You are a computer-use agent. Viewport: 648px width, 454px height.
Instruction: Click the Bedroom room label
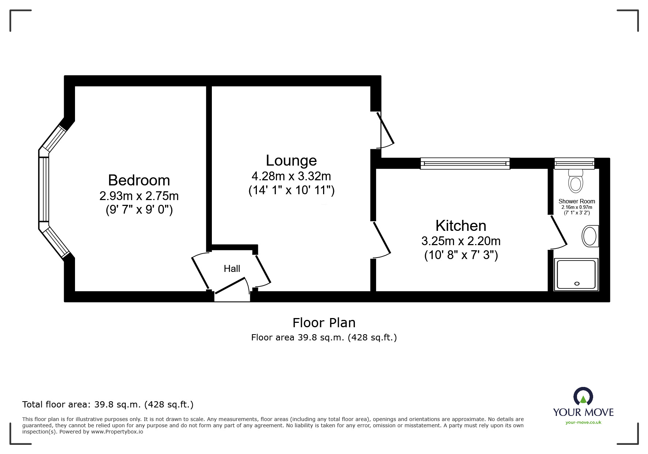coord(139,180)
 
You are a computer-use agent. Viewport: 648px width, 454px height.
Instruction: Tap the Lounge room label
coord(291,160)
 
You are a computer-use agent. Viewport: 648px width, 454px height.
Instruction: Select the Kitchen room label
coord(461,226)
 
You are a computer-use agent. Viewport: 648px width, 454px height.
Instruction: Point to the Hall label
coord(232,269)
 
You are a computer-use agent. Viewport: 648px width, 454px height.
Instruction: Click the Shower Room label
coord(577,201)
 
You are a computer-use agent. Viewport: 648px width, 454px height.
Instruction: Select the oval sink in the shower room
coord(589,236)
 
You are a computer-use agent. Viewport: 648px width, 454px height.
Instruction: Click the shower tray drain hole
coord(577,283)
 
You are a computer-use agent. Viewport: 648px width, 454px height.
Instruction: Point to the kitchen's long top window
coord(465,163)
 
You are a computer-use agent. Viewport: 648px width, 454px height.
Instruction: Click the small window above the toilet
coord(574,163)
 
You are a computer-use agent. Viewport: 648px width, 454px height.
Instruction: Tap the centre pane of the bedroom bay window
coord(44,189)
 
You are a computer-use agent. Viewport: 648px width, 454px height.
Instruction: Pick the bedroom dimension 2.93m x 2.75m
coord(139,196)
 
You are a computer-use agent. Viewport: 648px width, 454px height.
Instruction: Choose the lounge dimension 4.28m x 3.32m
coord(291,176)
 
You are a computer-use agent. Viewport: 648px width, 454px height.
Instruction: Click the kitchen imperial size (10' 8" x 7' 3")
coord(461,255)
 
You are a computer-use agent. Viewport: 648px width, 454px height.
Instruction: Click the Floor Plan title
coord(324,323)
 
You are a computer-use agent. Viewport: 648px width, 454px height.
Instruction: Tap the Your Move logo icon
coord(583,397)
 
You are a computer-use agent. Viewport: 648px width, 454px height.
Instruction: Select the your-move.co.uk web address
coord(583,422)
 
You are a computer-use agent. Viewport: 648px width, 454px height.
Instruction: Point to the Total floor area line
coord(108,405)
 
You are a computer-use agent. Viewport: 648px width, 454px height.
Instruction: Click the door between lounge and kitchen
coord(381,240)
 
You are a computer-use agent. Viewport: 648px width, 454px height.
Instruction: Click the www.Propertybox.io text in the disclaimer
coord(117,432)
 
